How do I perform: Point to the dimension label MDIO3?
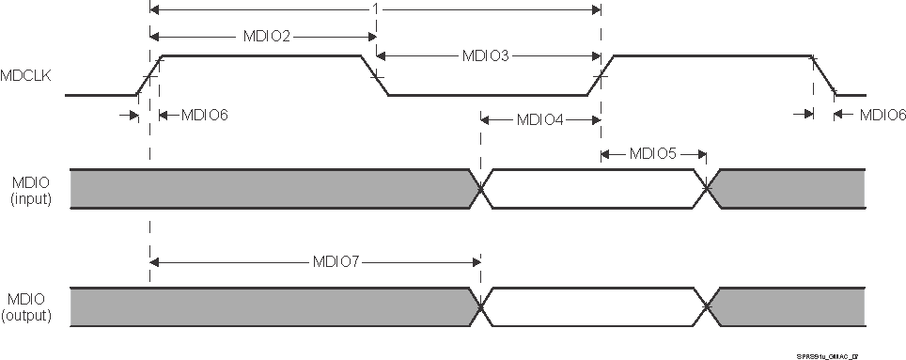tap(486, 55)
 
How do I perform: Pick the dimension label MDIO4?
tap(539, 120)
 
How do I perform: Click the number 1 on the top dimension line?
tap(375, 9)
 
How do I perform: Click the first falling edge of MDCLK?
tap(376, 75)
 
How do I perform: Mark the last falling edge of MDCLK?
tap(824, 75)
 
